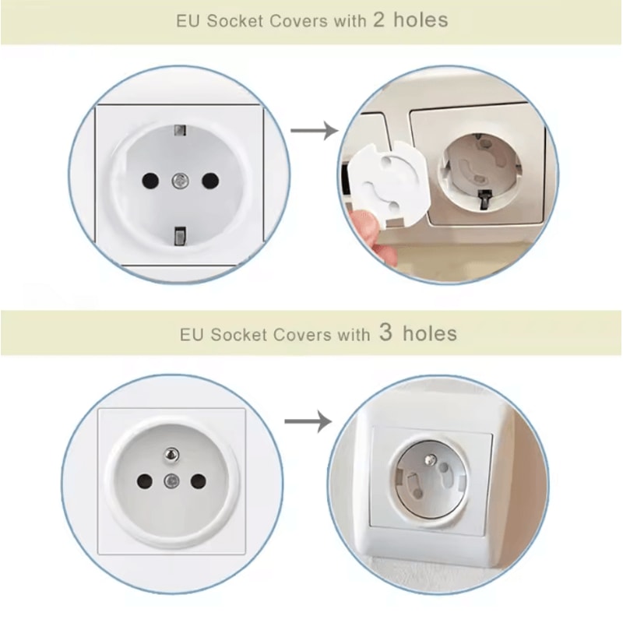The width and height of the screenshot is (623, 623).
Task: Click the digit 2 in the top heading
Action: tap(379, 20)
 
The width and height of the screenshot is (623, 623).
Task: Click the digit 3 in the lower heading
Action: tap(386, 334)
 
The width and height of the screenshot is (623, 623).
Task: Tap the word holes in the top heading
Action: tap(421, 20)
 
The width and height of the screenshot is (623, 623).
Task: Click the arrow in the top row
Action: tap(314, 129)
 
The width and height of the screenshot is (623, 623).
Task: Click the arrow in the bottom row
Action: tap(308, 422)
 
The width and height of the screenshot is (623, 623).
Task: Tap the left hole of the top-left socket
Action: tap(146, 180)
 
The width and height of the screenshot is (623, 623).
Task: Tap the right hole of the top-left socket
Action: tap(209, 180)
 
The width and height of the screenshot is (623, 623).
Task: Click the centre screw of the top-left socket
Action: tap(178, 180)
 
